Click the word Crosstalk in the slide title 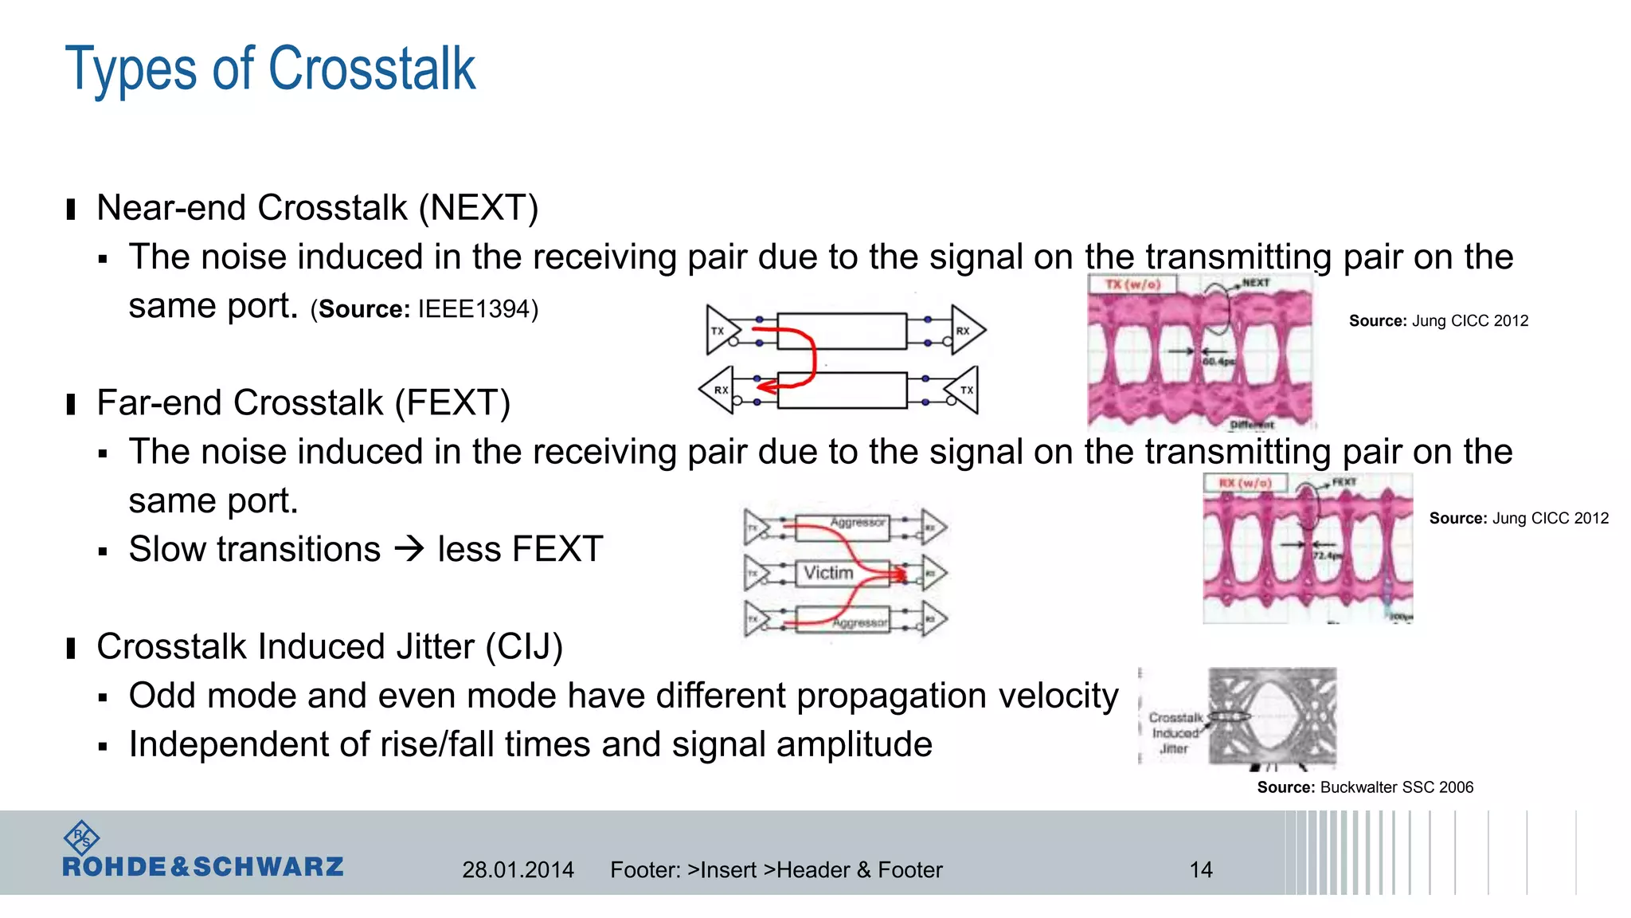[372, 69]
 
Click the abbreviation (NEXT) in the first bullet [479, 208]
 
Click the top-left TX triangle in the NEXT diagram [721, 330]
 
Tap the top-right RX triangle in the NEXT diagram [965, 330]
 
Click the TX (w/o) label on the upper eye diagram [1132, 284]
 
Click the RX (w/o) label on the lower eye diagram [1245, 483]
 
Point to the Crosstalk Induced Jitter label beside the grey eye [1175, 733]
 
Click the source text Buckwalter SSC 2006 [1396, 787]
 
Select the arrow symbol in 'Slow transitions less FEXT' [410, 549]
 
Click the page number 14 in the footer [1201, 869]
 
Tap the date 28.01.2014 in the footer [518, 869]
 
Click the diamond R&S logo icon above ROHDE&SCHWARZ [81, 838]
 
